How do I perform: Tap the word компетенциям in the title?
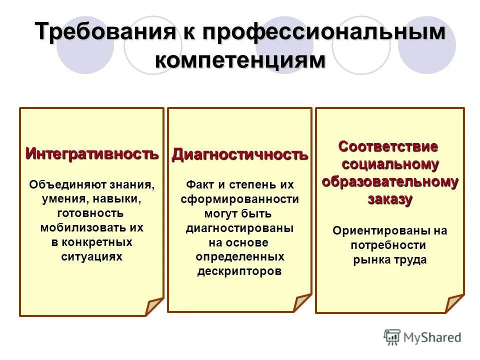[x=240, y=60]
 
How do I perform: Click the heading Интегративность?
[x=92, y=153]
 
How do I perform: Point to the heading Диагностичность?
[x=240, y=154]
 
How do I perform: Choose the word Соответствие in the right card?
[x=388, y=147]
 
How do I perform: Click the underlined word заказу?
[x=390, y=199]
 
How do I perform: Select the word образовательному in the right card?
[x=390, y=181]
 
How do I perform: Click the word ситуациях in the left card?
[x=91, y=256]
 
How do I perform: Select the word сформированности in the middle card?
[x=240, y=199]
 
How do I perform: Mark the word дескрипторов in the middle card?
[x=240, y=271]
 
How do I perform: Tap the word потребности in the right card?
[x=388, y=245]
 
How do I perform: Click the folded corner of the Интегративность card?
[x=153, y=306]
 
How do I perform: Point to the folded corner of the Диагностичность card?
[x=302, y=302]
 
